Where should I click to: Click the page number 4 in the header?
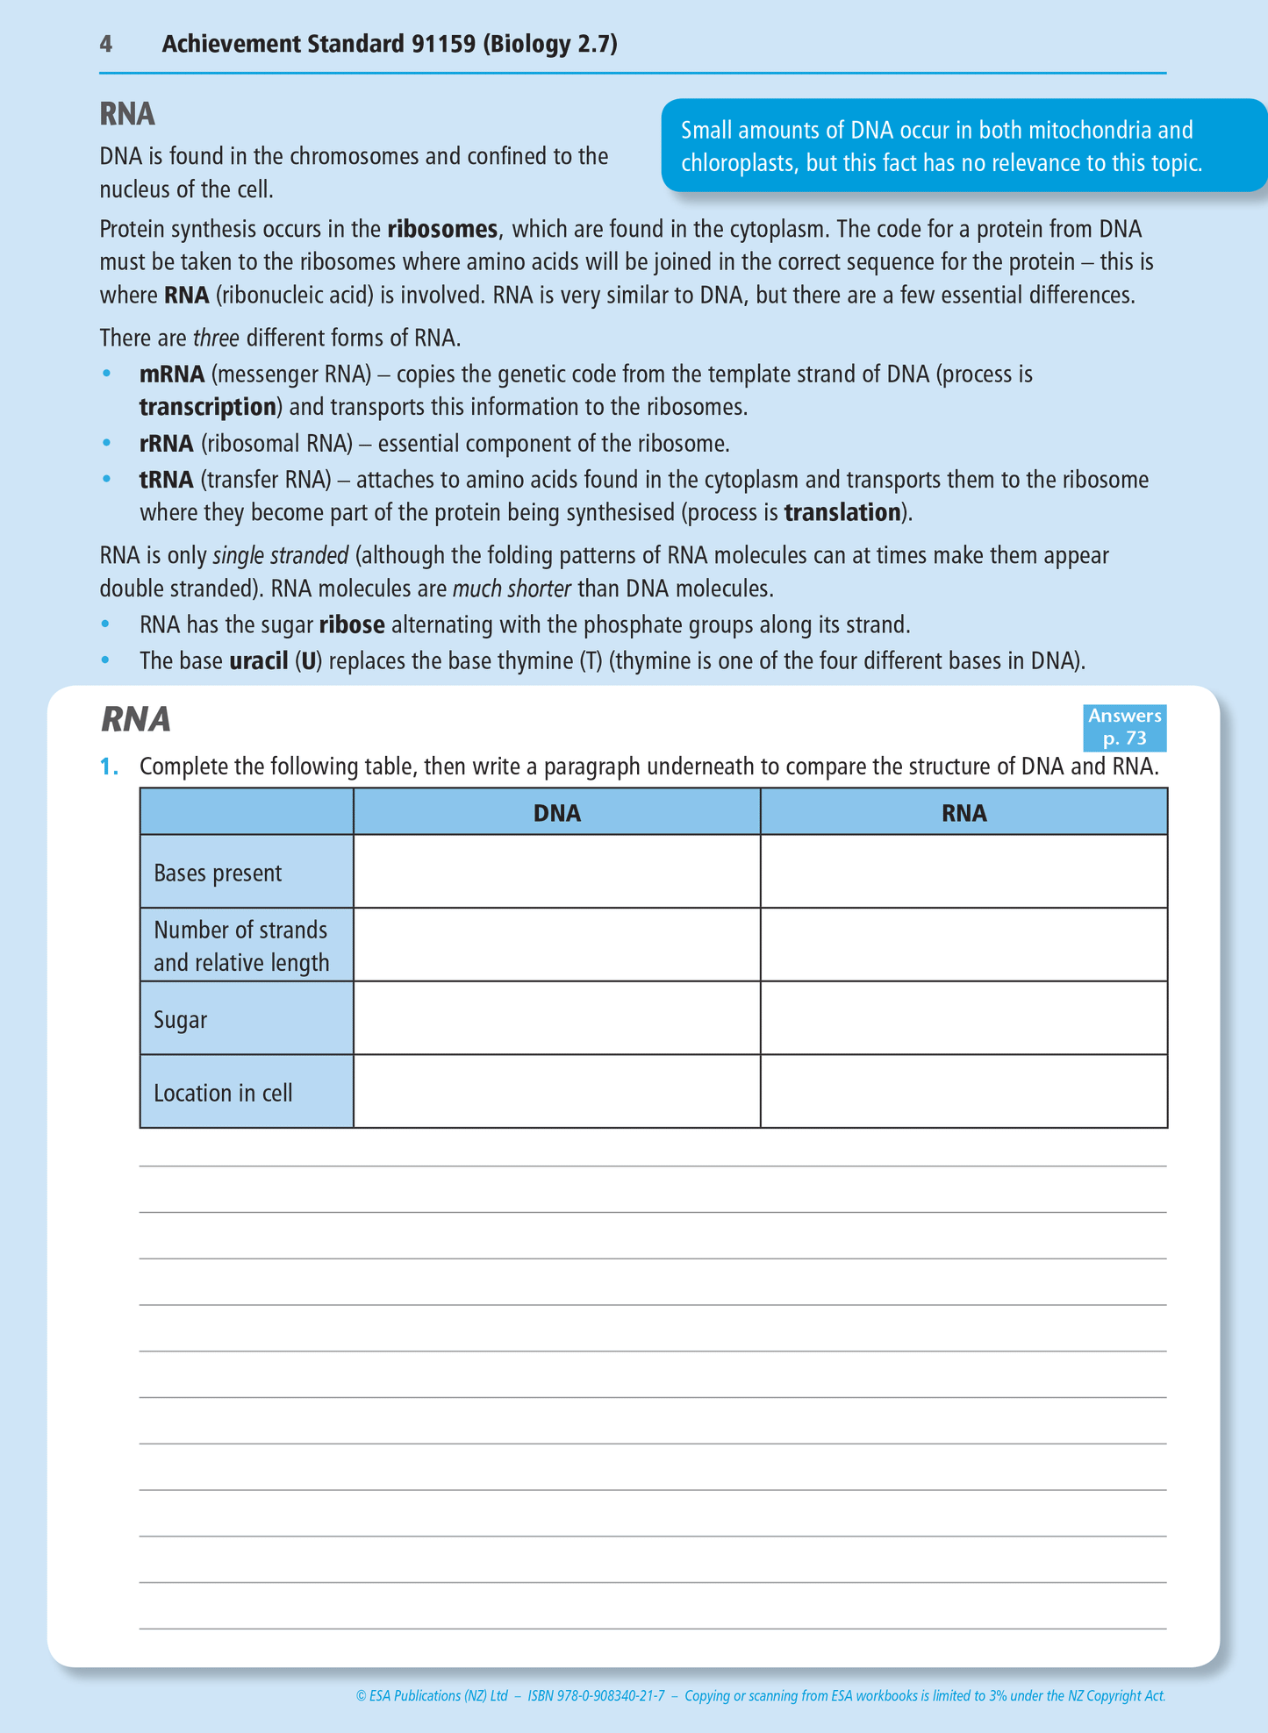click(x=105, y=44)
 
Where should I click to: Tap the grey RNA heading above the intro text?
click(x=127, y=114)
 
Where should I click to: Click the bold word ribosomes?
click(x=442, y=230)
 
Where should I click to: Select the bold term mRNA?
click(x=172, y=374)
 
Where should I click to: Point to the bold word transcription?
click(x=208, y=407)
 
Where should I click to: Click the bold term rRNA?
click(x=167, y=444)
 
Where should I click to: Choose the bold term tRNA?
click(x=167, y=480)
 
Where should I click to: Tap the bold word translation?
click(x=842, y=513)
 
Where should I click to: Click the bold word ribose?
click(x=352, y=625)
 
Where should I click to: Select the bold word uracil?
click(x=259, y=661)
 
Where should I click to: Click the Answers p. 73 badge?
click(x=1124, y=727)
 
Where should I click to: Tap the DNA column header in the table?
click(x=557, y=813)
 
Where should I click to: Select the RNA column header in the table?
click(x=964, y=813)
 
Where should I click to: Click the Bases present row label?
click(x=218, y=874)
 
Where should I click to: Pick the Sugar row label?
click(x=180, y=1020)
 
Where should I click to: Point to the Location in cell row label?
click(x=223, y=1094)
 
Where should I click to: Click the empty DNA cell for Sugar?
click(x=556, y=1018)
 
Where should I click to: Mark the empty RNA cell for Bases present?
click(x=964, y=872)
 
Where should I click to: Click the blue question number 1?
click(x=109, y=767)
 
